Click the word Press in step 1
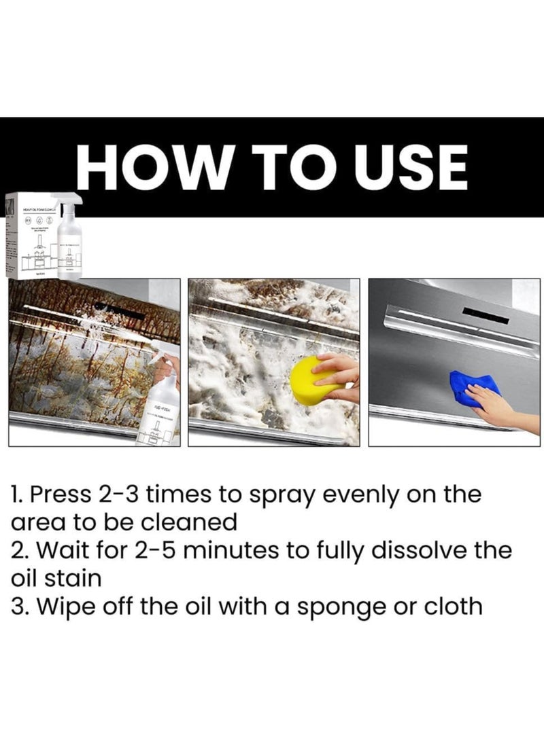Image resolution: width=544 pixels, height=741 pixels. pos(61,494)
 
